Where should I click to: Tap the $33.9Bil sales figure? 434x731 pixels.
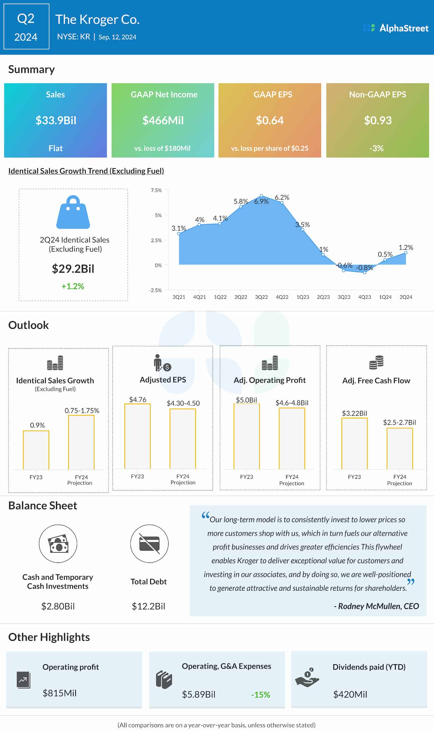click(x=56, y=120)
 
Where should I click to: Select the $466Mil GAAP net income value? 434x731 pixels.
click(x=163, y=120)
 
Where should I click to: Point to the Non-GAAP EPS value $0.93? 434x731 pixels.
click(x=378, y=120)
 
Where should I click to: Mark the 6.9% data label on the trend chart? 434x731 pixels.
click(x=261, y=201)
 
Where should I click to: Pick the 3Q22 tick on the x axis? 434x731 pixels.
click(x=261, y=297)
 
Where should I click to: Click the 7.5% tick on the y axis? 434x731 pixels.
click(x=156, y=190)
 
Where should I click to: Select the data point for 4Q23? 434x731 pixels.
click(x=364, y=272)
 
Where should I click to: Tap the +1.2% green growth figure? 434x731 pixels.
click(x=73, y=286)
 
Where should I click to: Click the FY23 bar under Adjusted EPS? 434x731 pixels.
click(x=137, y=436)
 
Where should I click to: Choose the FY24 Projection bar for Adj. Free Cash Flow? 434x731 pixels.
click(x=400, y=449)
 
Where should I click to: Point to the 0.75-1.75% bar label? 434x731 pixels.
click(x=82, y=411)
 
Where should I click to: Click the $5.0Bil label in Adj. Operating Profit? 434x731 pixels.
click(x=246, y=400)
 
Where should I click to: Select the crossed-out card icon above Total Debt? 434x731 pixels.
click(x=149, y=544)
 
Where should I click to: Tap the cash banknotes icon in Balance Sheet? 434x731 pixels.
click(x=58, y=544)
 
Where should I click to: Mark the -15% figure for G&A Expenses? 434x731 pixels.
click(x=261, y=695)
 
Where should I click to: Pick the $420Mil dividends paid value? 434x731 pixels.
click(x=350, y=694)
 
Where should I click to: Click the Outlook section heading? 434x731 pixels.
click(x=28, y=325)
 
